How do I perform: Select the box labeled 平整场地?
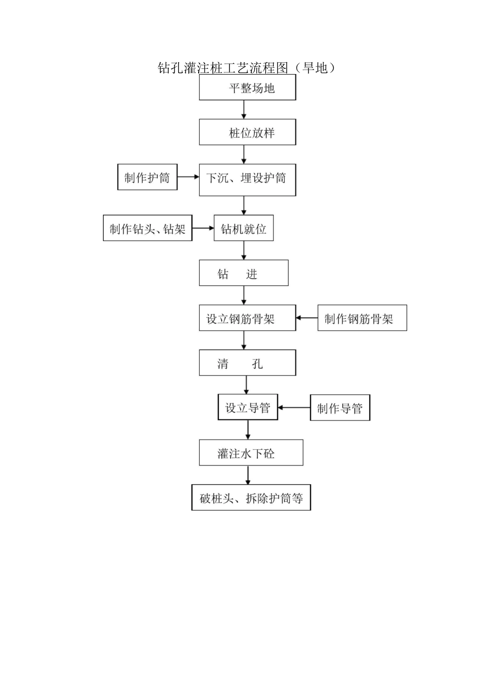(248, 87)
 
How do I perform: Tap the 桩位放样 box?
(248, 133)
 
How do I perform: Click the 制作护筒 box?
(147, 177)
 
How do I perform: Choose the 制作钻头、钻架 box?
(148, 228)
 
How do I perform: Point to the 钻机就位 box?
(243, 228)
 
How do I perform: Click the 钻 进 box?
(243, 273)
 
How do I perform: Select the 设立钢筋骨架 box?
(248, 318)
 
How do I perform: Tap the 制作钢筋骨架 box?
(362, 318)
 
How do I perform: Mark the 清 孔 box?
(248, 363)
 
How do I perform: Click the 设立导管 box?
(248, 408)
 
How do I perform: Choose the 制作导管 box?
(340, 408)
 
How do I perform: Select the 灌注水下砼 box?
(251, 453)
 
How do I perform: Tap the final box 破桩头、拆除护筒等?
(251, 498)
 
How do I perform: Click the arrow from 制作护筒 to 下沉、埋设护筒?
(188, 177)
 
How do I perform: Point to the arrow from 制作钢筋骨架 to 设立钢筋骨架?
(307, 318)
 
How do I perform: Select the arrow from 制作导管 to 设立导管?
(294, 408)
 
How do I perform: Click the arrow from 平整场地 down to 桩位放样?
(244, 110)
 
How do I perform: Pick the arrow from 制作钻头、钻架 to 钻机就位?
(203, 228)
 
